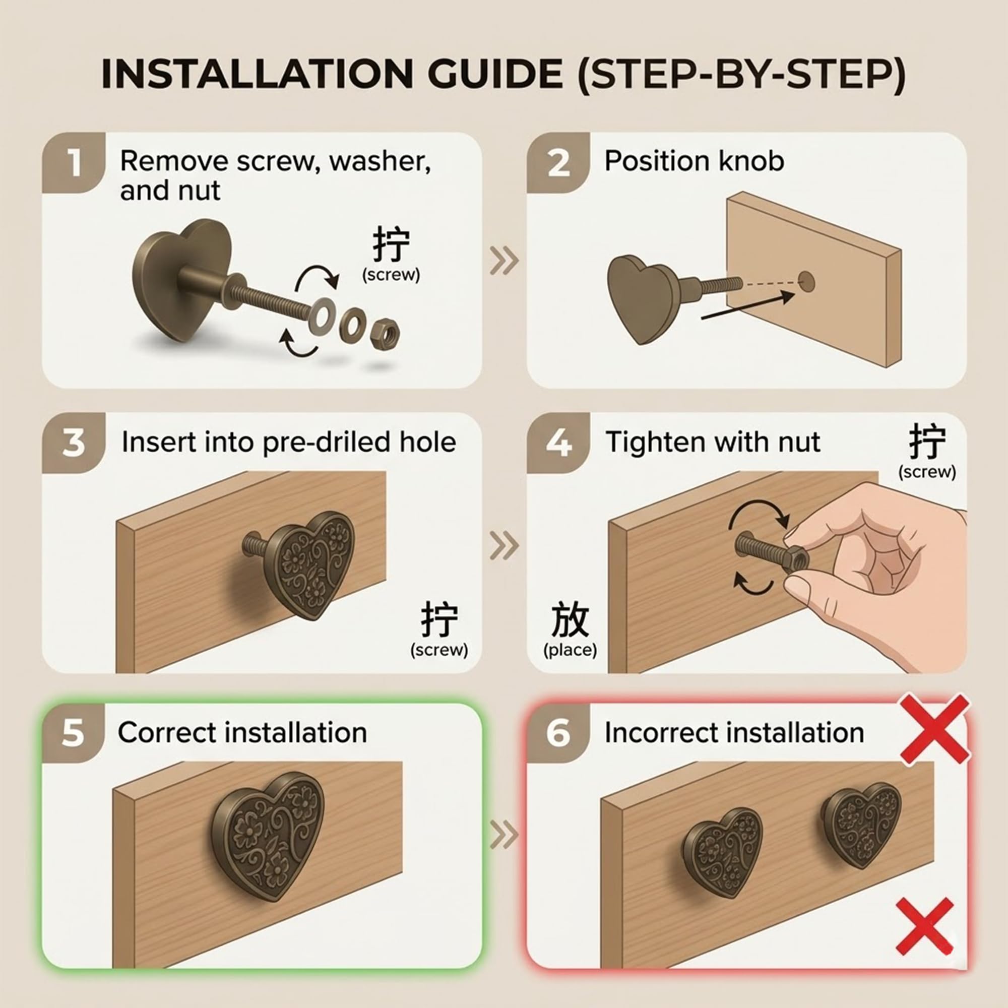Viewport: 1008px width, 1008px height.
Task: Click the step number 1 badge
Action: [74, 163]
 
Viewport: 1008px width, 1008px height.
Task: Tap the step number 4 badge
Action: [558, 444]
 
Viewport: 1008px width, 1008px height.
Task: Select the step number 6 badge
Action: [558, 732]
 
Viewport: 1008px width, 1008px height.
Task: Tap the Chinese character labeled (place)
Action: [570, 619]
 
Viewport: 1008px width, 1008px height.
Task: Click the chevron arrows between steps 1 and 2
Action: [504, 261]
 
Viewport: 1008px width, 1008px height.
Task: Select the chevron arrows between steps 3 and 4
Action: [504, 546]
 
